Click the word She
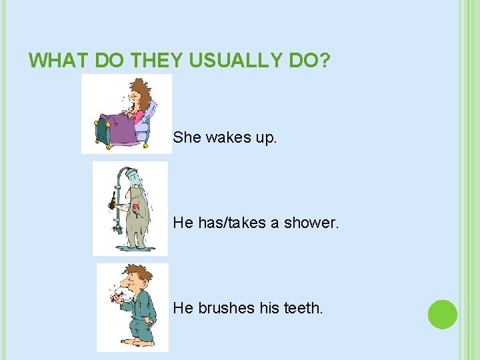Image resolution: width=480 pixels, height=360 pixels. pos(187,138)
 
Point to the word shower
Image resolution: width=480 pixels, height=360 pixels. pos(311,223)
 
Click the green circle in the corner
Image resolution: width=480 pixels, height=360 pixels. pos(442,314)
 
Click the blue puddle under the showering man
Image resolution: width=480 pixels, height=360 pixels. pos(137,248)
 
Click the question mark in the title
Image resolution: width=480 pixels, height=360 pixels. pos(324,61)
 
